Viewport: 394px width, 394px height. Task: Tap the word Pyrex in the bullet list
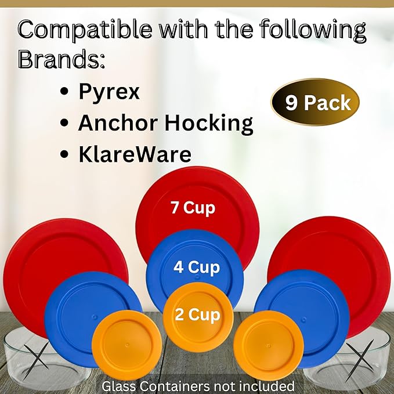coord(109,92)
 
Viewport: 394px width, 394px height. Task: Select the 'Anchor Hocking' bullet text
coord(166,123)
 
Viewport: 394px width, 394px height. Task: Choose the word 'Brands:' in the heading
coord(61,59)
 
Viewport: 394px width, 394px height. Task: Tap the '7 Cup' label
coord(193,208)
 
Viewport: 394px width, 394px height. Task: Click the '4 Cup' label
coord(197,268)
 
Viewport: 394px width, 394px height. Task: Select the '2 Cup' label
coord(197,314)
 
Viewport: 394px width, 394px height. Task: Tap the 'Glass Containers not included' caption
coord(197,386)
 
